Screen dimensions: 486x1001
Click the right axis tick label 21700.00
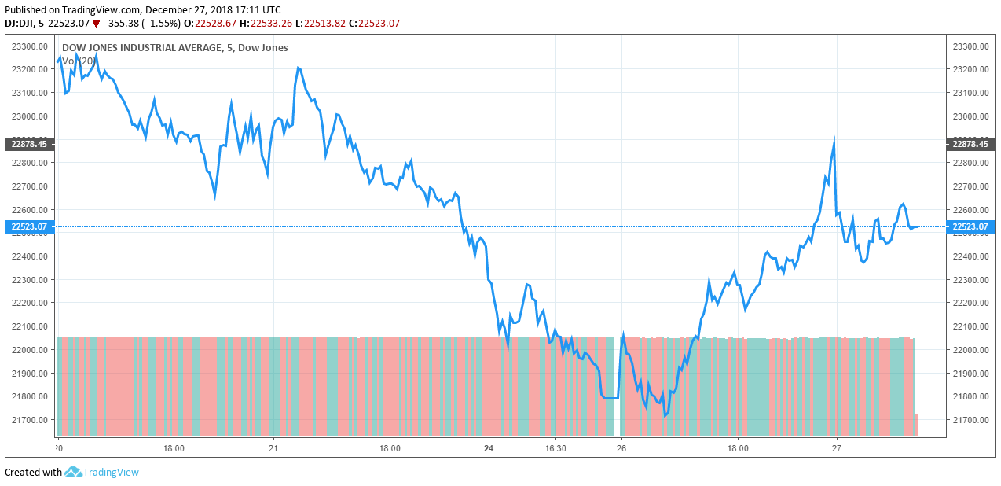(970, 420)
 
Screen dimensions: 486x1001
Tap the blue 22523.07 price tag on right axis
(971, 227)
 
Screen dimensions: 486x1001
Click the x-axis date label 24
(489, 449)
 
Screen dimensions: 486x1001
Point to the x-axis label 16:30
(555, 449)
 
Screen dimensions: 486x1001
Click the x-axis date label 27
(837, 449)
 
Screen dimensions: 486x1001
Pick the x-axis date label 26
(621, 449)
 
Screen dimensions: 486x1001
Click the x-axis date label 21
(273, 449)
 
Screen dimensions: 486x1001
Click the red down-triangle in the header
(96, 24)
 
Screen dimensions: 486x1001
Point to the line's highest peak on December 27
(834, 139)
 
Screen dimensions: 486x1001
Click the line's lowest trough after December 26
(665, 415)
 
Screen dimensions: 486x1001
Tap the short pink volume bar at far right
(917, 425)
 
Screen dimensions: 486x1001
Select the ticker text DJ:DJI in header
(20, 24)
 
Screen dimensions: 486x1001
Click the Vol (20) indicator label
(79, 61)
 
